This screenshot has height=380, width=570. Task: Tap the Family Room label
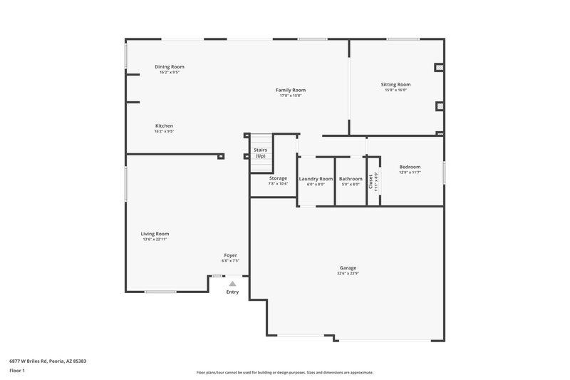(x=291, y=90)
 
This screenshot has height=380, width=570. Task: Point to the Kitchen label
(x=165, y=125)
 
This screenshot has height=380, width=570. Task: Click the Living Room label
(x=155, y=234)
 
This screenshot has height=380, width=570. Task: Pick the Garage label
(x=348, y=268)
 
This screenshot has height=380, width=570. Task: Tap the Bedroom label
(x=410, y=167)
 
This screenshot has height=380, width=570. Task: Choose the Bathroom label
(x=351, y=179)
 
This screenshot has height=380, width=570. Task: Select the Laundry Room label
(x=316, y=179)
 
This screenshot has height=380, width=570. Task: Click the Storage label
(x=278, y=178)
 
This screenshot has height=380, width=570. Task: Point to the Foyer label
(x=231, y=255)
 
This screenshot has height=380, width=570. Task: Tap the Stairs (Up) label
(x=260, y=153)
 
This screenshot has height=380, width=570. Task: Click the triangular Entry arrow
(x=232, y=284)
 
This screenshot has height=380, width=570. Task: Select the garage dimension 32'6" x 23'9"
(x=348, y=274)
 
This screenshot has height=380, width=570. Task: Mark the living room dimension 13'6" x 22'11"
(x=155, y=240)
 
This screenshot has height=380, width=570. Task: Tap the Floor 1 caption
(x=17, y=371)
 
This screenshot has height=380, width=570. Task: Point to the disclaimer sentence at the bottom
(x=285, y=372)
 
